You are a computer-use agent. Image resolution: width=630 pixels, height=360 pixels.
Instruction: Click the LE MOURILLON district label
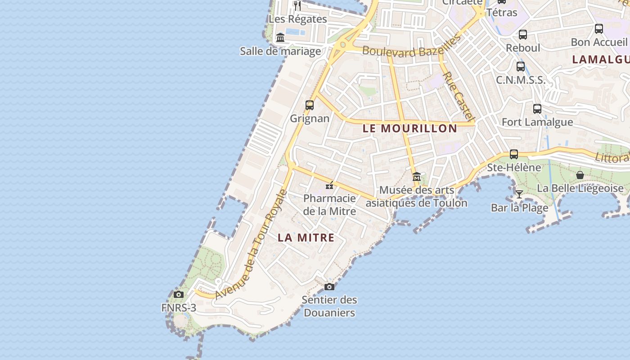point(410,128)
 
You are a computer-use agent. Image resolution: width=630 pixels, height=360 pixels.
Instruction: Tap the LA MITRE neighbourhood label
point(306,238)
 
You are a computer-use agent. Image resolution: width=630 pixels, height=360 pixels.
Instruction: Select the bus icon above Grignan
point(310,105)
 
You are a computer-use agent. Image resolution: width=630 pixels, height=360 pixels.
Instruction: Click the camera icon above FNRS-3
point(179,295)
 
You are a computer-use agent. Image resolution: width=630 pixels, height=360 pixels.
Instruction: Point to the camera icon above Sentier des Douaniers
point(329,287)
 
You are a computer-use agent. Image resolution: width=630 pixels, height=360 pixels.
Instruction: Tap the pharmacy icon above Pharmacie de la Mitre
point(329,185)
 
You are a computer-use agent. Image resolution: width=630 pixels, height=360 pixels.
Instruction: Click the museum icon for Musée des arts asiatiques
point(417,176)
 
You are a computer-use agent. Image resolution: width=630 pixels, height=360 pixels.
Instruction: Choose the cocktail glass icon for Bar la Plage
point(519,194)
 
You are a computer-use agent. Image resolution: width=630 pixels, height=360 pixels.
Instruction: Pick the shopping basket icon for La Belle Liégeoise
point(580,175)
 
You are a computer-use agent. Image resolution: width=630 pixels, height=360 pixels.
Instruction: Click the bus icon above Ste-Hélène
point(514,154)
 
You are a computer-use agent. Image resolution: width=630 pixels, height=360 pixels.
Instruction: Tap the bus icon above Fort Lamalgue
point(537,108)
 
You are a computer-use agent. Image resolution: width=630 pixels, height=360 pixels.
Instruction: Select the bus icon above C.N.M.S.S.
point(521,67)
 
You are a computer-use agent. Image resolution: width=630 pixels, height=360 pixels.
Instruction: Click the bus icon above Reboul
point(523,34)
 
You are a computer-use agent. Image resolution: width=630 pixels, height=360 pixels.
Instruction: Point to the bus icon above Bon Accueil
point(599,29)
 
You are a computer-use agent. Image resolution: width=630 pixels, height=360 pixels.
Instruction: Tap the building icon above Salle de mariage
point(280,37)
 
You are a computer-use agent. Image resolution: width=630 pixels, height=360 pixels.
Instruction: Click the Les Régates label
point(297,19)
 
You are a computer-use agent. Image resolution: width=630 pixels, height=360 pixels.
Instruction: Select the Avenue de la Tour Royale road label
point(251,245)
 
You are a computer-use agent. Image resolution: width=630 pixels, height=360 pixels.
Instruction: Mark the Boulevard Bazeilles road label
point(412,46)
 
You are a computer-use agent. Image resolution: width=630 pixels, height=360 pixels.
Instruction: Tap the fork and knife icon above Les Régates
point(297,5)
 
